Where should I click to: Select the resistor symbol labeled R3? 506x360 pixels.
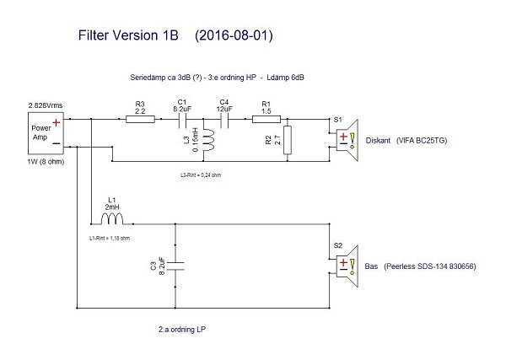139,120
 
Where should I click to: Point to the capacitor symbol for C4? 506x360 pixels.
223,120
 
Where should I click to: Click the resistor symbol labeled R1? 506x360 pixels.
267,120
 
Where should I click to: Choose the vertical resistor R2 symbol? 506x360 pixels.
288,138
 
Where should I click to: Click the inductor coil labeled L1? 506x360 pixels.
112,221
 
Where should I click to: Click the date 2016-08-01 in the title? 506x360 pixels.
233,36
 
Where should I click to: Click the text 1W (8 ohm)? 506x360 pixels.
43,162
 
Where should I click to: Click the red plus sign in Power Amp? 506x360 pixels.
56,122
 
